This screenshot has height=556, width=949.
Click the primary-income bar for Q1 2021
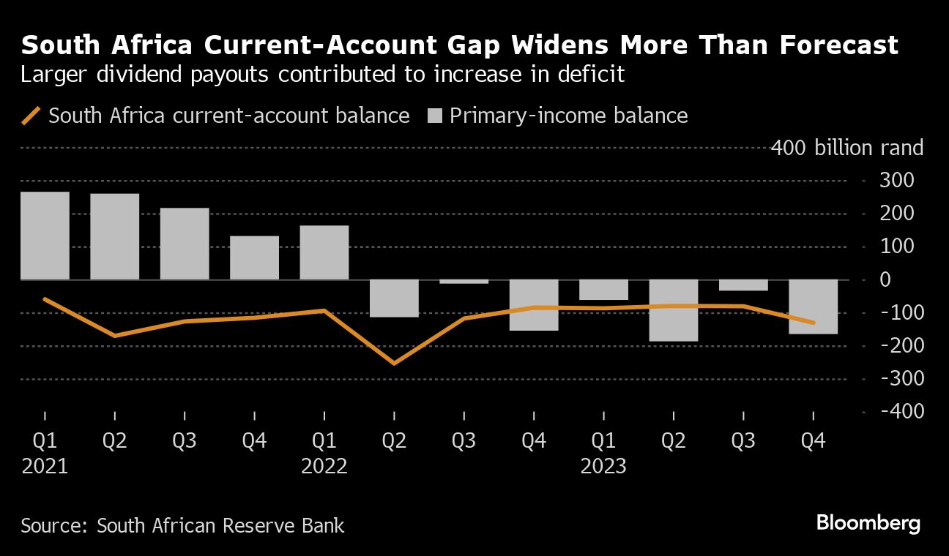click(x=45, y=236)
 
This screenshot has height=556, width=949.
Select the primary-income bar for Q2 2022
click(x=394, y=298)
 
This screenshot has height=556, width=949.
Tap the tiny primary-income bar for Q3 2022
click(x=464, y=282)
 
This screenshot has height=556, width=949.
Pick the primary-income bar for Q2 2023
click(x=674, y=310)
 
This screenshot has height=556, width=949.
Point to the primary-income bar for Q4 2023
click(x=813, y=307)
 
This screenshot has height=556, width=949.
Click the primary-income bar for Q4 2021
click(x=254, y=258)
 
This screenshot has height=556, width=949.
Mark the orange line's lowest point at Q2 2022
click(x=394, y=364)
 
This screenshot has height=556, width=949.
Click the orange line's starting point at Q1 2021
click(x=45, y=298)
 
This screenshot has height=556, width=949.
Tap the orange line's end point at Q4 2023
click(x=813, y=323)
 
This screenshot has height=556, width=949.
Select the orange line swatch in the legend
click(x=31, y=116)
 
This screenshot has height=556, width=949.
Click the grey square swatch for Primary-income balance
click(x=435, y=116)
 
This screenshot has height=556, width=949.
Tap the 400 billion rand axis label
click(x=847, y=148)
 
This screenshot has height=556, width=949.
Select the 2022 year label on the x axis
click(x=324, y=466)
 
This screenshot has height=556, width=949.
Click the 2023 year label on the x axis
click(x=603, y=466)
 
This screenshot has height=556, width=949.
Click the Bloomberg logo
click(x=868, y=523)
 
